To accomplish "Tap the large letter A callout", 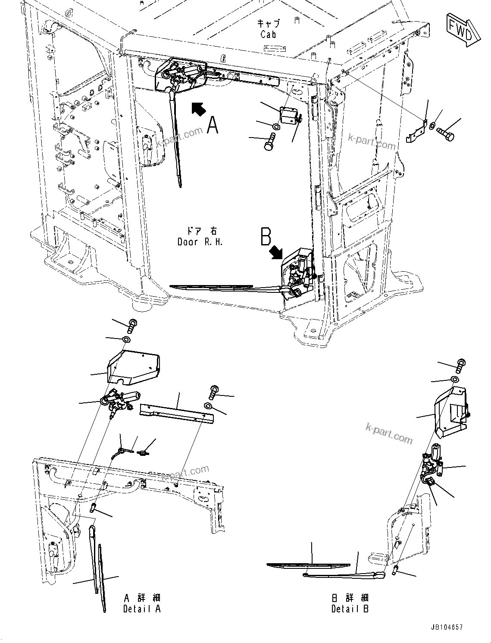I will point(212,125).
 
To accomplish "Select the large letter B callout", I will point(266,237).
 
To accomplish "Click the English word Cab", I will point(268,35).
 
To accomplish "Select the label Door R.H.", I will point(200,242).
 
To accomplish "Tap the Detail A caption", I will point(142,609).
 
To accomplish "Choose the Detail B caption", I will point(350,609).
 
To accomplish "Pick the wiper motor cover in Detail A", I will point(133,367).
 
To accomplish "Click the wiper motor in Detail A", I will point(119,401).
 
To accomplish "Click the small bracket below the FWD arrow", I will point(416,132).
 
